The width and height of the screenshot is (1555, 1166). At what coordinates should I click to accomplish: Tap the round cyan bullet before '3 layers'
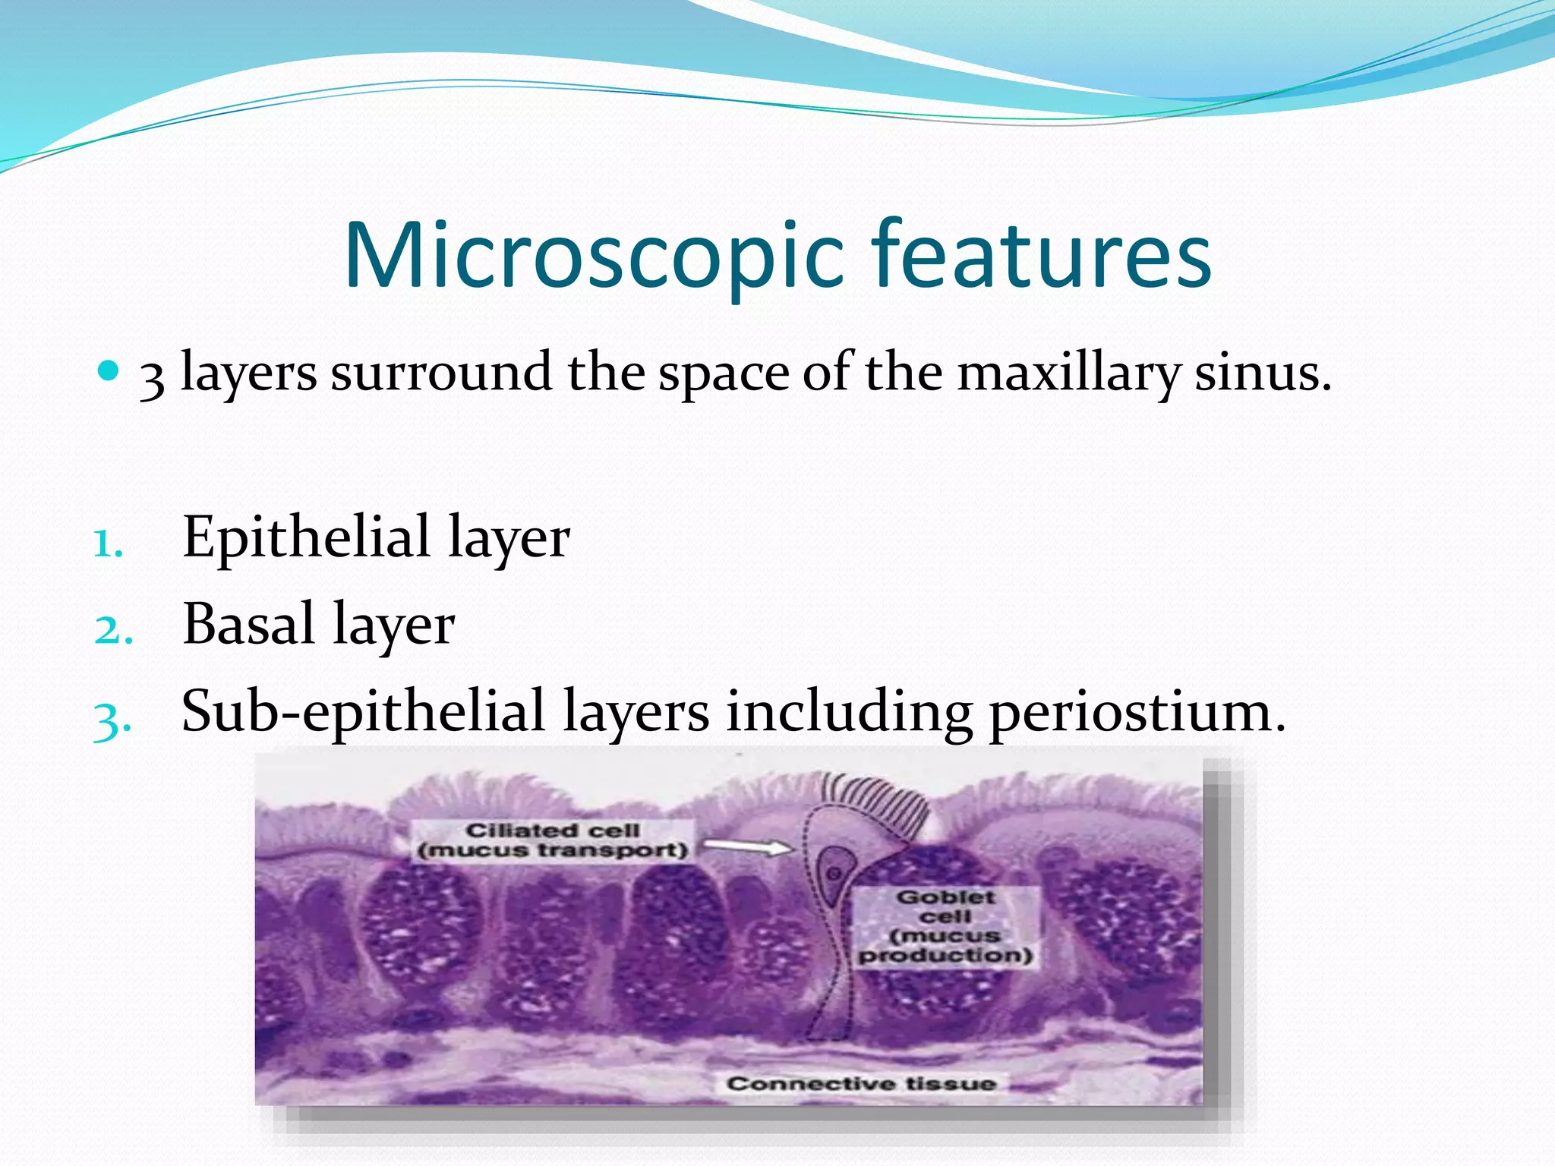[x=109, y=371]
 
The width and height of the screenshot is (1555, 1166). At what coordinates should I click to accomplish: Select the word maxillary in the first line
[x=1068, y=373]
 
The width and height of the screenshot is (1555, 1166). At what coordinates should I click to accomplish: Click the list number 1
[x=108, y=544]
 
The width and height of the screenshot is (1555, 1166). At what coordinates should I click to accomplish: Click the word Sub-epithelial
[x=363, y=711]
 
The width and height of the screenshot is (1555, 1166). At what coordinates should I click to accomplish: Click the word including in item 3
[x=848, y=711]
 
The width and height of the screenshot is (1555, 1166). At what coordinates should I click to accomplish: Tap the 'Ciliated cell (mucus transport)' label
[x=553, y=840]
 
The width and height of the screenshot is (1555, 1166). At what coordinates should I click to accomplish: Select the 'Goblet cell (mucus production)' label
[x=945, y=926]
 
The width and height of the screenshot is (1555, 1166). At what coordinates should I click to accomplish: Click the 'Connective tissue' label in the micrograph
[x=860, y=1083]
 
